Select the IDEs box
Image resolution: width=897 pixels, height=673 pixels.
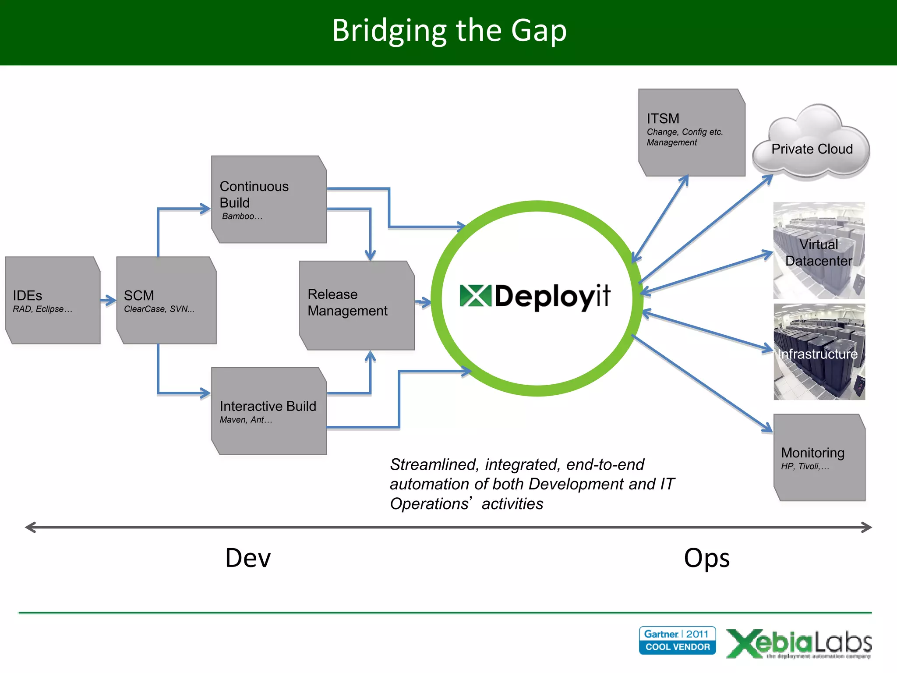coord(53,301)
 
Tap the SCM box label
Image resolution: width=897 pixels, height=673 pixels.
coord(139,295)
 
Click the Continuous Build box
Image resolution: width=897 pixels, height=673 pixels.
coord(269,199)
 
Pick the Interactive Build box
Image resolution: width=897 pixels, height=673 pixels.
coord(269,411)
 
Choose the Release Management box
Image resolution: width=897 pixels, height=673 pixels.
coord(357,305)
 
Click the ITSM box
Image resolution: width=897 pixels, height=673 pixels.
coord(692,133)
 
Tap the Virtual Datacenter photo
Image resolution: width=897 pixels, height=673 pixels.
coord(819,251)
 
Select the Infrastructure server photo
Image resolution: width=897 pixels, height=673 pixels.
coord(819,352)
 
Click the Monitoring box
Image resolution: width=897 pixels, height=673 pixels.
coord(819,457)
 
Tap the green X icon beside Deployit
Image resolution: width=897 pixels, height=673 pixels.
coord(475,296)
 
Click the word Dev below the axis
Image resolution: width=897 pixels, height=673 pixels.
coord(248,558)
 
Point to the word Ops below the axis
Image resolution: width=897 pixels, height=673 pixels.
coord(706,558)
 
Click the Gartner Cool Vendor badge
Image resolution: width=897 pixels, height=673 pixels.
coord(677,641)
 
